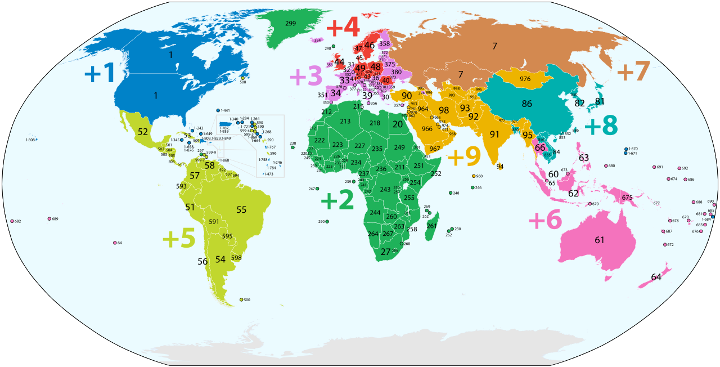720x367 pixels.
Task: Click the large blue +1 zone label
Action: pos(100,73)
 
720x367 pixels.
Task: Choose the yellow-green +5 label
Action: pos(179,239)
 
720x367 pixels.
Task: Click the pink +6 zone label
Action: pos(545,221)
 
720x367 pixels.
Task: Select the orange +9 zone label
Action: pos(464,157)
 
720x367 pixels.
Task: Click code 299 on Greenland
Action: pos(290,24)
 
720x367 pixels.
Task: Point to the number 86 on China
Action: pos(527,104)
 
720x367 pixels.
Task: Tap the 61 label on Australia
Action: pos(600,240)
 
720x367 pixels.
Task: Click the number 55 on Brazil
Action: pos(241,210)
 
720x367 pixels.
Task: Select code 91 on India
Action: pos(494,135)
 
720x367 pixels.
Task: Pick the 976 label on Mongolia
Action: pos(525,79)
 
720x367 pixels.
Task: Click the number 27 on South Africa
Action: pos(385,252)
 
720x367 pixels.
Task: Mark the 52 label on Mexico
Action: pos(143,132)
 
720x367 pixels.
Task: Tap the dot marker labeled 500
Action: pos(241,299)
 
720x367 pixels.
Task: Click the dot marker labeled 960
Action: pos(474,176)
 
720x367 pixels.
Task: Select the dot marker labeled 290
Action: pos(327,222)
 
